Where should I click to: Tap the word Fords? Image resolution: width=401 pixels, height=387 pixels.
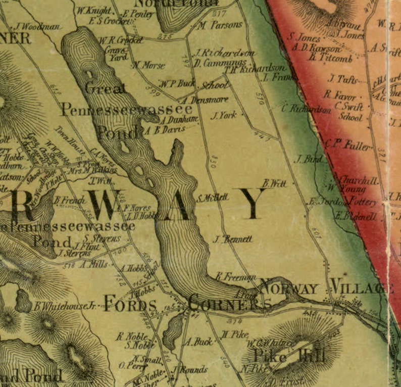(130, 304)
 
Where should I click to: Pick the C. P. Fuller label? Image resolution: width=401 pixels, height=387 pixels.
(348, 144)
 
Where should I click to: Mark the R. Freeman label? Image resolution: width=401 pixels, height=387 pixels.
(235, 276)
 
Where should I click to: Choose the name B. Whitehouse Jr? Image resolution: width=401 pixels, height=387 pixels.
(65, 306)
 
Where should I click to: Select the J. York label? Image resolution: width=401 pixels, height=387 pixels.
(224, 116)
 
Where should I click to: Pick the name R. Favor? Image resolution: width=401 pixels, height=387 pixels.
(340, 95)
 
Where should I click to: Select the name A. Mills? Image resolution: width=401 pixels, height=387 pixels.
(93, 264)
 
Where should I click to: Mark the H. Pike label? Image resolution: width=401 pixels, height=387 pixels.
(234, 334)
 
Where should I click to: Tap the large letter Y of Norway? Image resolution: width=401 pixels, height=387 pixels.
(250, 204)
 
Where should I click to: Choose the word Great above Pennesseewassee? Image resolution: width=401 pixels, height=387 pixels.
(106, 89)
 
